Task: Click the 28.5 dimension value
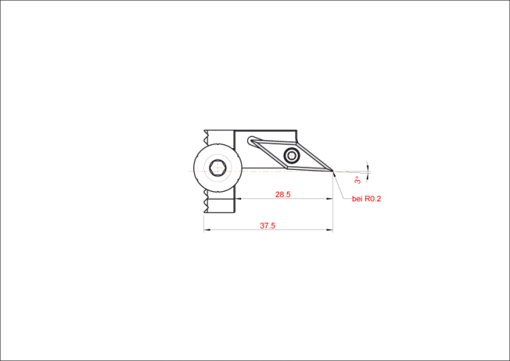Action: pyautogui.click(x=283, y=195)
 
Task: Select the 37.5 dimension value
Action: pyautogui.click(x=267, y=225)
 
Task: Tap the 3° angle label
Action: pyautogui.click(x=358, y=179)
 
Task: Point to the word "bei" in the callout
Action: pyautogui.click(x=357, y=199)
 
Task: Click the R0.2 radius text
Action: pyautogui.click(x=373, y=199)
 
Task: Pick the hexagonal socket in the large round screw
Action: pyautogui.click(x=217, y=168)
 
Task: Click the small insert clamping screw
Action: pyautogui.click(x=291, y=155)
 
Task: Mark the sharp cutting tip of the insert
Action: pyautogui.click(x=332, y=171)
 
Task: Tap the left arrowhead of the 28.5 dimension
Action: pyautogui.click(x=238, y=198)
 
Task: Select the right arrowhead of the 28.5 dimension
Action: pyautogui.click(x=329, y=198)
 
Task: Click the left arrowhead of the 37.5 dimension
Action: pyautogui.click(x=207, y=230)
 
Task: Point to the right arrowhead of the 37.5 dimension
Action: pyautogui.click(x=329, y=230)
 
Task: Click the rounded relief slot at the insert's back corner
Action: pyautogui.click(x=251, y=141)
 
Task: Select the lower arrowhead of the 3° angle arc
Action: pyautogui.click(x=368, y=176)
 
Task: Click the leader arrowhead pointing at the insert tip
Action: pyautogui.click(x=334, y=174)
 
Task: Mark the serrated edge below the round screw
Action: pyautogui.click(x=205, y=202)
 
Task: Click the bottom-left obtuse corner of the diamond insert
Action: pyautogui.click(x=287, y=167)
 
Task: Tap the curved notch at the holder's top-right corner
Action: pyautogui.click(x=295, y=136)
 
